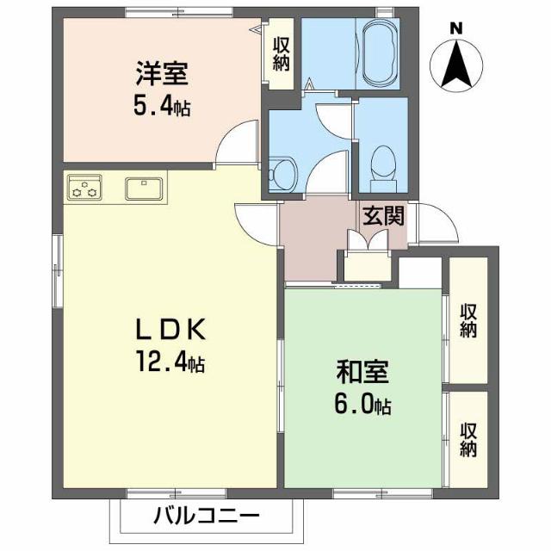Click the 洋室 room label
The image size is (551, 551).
click(161, 73)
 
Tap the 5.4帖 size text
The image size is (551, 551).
click(162, 107)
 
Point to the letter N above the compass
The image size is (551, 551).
click(456, 28)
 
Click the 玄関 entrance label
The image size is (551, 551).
click(382, 216)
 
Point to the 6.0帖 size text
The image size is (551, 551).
click(362, 406)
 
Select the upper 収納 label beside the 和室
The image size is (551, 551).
click(468, 320)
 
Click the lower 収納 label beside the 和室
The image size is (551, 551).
click(468, 438)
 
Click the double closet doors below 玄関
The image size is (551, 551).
click(368, 241)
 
